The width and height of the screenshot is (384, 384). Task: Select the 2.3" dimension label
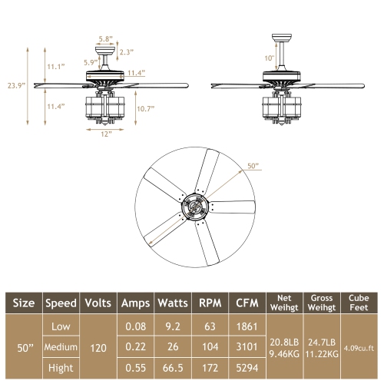pos(127,52)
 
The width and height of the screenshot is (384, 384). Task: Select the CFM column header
pos(246,302)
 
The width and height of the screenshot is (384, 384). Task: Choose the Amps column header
pos(136,302)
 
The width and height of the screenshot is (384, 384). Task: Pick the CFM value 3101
pos(246,347)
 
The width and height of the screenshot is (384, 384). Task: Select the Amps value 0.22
pos(136,347)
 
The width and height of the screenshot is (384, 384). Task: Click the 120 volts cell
pos(99,347)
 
